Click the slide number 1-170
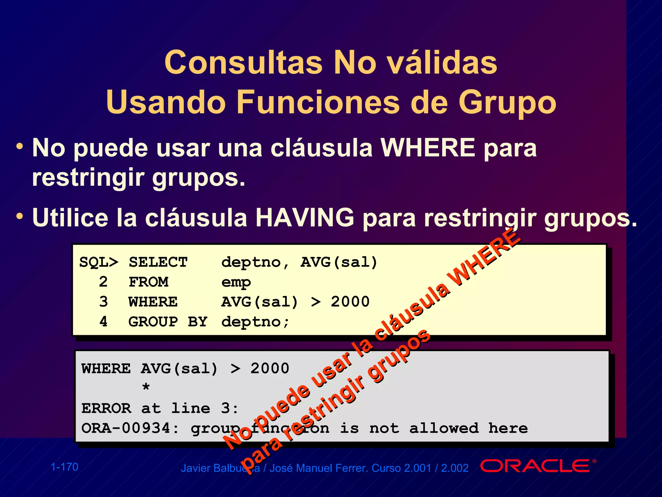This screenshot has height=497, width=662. pyautogui.click(x=65, y=467)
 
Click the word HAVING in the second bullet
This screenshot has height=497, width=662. pyautogui.click(x=305, y=218)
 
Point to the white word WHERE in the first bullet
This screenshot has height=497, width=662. pyautogui.click(x=428, y=148)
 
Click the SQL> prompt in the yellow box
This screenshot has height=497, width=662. pyautogui.click(x=99, y=262)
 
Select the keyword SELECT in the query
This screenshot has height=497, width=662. pyautogui.click(x=158, y=262)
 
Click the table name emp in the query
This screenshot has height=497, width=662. pyautogui.click(x=236, y=282)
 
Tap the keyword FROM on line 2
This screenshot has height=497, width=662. pyautogui.click(x=148, y=282)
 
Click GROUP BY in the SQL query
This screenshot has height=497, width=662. pyautogui.click(x=167, y=322)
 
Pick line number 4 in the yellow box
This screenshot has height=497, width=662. pyautogui.click(x=103, y=322)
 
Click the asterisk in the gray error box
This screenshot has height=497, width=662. pyautogui.click(x=146, y=387)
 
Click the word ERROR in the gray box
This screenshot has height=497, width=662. pyautogui.click(x=106, y=408)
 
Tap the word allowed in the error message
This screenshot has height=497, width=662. pyautogui.click(x=444, y=428)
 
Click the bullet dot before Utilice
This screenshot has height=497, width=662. pyautogui.click(x=20, y=216)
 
